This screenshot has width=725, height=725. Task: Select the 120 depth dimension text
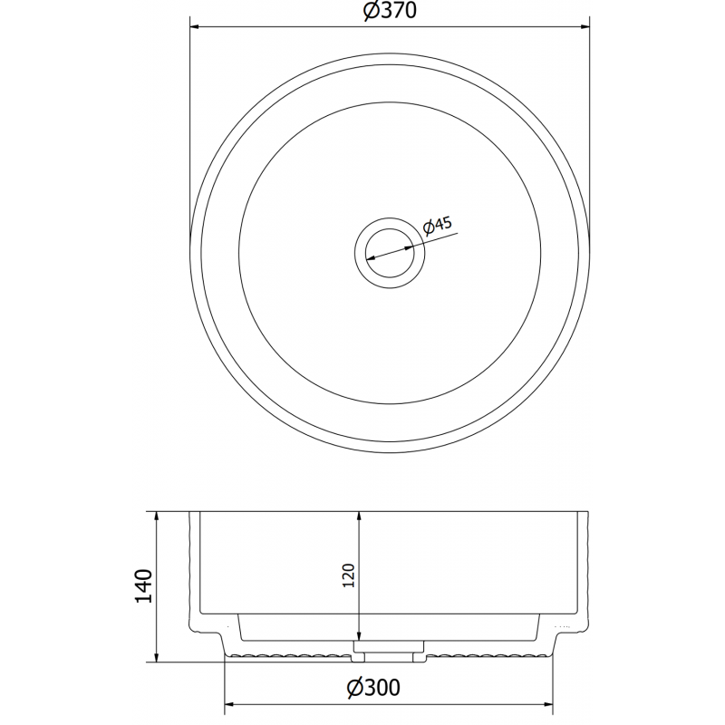pos(351,575)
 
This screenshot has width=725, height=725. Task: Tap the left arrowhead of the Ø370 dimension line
pos(194,25)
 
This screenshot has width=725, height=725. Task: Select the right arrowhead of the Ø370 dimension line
pos(585,25)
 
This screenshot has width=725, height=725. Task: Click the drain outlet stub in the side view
pos(388,649)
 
